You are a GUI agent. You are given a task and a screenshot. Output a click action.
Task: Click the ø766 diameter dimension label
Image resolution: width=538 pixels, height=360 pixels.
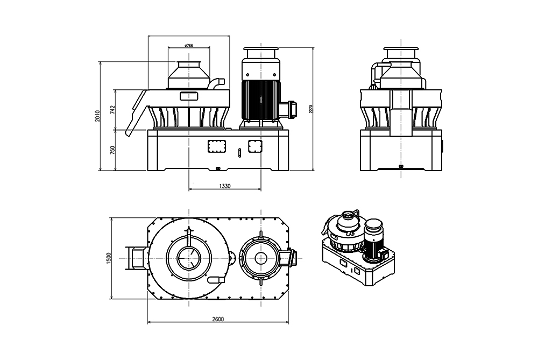pyautogui.click(x=189, y=46)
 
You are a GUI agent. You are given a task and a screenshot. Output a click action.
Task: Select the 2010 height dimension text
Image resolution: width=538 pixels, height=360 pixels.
pyautogui.click(x=98, y=116)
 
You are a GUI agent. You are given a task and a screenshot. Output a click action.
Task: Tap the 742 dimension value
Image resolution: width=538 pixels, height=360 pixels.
pyautogui.click(x=112, y=110)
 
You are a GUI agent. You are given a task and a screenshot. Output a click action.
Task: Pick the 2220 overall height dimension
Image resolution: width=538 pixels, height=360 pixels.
pyautogui.click(x=310, y=109)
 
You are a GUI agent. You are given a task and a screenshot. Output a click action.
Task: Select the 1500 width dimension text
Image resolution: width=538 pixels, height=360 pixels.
pyautogui.click(x=108, y=258)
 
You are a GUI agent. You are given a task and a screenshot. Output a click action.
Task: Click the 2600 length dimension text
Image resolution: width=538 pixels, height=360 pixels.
pyautogui.click(x=218, y=319)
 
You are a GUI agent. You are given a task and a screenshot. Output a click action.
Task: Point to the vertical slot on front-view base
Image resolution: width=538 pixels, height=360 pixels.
pyautogui.click(x=237, y=153)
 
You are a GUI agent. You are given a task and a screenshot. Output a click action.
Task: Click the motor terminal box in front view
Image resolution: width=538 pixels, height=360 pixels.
pyautogui.click(x=293, y=109)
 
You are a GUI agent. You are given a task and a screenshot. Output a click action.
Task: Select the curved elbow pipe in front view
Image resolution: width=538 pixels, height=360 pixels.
pyautogui.click(x=217, y=83)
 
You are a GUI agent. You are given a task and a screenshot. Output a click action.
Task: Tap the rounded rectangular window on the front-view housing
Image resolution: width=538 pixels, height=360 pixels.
pyautogui.click(x=189, y=96)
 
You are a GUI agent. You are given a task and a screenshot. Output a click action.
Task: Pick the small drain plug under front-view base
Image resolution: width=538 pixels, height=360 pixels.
pyautogui.click(x=217, y=168)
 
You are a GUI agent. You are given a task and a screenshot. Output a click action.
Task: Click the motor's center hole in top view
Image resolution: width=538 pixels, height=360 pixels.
pyautogui.click(x=261, y=258)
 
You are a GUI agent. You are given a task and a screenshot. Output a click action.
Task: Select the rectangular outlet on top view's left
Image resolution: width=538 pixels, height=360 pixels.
pyautogui.click(x=135, y=258)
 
